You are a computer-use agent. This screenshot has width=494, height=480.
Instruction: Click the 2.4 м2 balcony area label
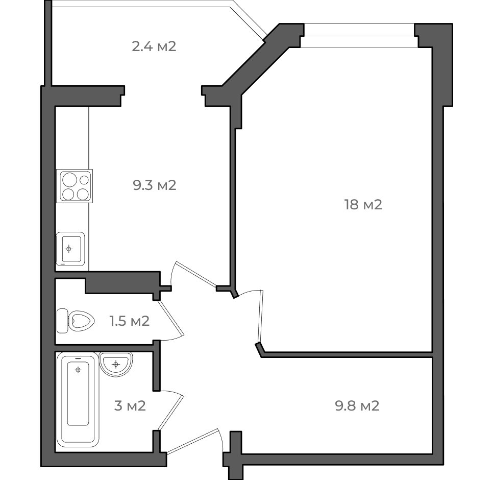[154, 46]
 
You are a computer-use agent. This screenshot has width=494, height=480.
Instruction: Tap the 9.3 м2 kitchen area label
[154, 185]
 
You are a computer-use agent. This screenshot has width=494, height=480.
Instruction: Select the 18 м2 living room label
[363, 205]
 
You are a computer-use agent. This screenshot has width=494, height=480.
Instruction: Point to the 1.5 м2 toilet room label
[130, 321]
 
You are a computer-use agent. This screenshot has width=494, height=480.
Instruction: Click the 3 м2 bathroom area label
[130, 405]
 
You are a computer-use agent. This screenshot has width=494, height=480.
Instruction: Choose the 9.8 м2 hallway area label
[357, 405]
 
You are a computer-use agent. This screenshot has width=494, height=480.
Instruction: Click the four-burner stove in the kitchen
[75, 186]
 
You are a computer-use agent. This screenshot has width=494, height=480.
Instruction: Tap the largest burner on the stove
[69, 180]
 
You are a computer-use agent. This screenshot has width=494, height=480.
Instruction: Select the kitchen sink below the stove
[70, 249]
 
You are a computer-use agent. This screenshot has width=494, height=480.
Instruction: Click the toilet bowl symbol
[82, 321]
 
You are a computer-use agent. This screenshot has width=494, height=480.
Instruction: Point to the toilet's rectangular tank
[62, 321]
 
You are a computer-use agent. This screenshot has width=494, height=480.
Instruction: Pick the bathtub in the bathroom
[78, 399]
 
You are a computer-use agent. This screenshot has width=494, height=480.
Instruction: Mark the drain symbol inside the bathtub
[78, 370]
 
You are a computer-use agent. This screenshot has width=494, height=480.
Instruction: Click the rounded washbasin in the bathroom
[116, 364]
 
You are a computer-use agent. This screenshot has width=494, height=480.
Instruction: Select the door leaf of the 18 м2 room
[260, 316]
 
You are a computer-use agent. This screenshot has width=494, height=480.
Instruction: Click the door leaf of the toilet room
[171, 318]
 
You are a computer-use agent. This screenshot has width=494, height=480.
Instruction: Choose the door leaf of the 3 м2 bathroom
[171, 413]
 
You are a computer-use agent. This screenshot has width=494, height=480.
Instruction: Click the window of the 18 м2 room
[359, 36]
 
